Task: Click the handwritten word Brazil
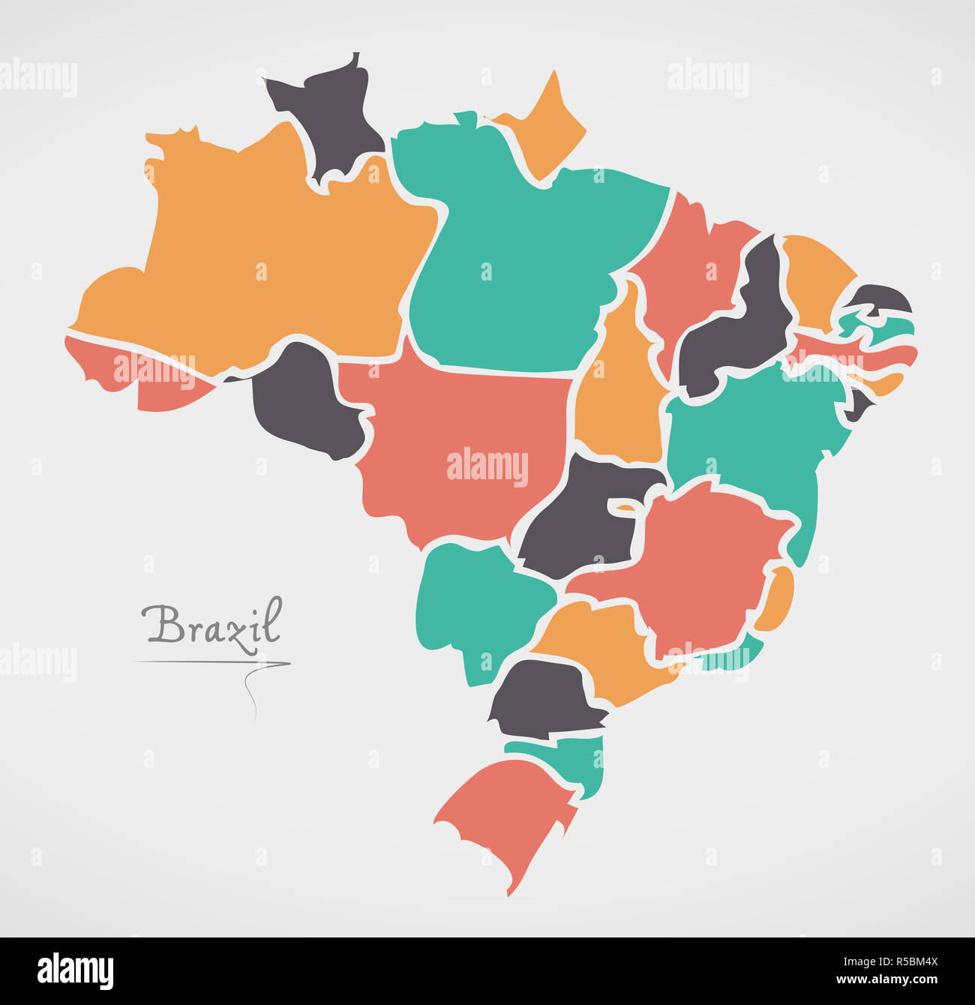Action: [x=212, y=625]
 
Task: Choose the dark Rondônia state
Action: [x=304, y=405]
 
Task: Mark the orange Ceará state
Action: [x=814, y=277]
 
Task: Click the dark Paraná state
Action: [x=544, y=697]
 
